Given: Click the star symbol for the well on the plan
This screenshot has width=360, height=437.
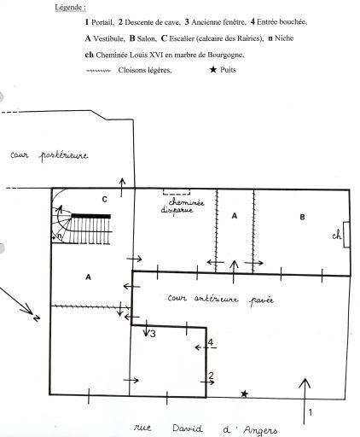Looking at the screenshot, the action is point(244,394).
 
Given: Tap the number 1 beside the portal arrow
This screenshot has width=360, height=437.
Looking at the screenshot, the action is point(311,412).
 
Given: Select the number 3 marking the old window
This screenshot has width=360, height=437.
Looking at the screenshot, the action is point(153,334).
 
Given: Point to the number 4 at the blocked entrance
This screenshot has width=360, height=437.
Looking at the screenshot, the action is point(211,342).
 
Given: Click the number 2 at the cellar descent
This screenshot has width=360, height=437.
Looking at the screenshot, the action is point(211,376).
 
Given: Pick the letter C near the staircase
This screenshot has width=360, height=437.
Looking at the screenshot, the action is point(105,200).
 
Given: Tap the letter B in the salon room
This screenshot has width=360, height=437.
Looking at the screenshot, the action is point(302,217).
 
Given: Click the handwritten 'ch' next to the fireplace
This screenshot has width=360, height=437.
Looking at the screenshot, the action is point(337,236).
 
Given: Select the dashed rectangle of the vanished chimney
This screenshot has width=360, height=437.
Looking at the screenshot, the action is point(177,192).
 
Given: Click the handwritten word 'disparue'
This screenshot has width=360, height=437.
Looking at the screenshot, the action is point(177,211).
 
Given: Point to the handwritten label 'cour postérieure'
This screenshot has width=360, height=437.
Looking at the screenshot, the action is point(49,155).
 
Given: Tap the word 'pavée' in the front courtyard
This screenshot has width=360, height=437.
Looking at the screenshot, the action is point(262,300).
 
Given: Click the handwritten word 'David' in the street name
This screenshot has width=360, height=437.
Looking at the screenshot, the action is point(188,428).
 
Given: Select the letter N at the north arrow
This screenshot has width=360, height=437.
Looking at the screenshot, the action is point(37,318).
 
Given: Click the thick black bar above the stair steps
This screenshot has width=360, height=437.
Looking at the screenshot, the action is point(90,216).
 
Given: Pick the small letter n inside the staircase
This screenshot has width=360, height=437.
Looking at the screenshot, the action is point(60,236).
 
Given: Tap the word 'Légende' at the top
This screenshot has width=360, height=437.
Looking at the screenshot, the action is point(70,8).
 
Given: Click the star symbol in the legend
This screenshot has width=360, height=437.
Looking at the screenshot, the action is point(213,69).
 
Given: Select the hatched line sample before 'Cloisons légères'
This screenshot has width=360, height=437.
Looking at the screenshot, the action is point(98,71).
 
